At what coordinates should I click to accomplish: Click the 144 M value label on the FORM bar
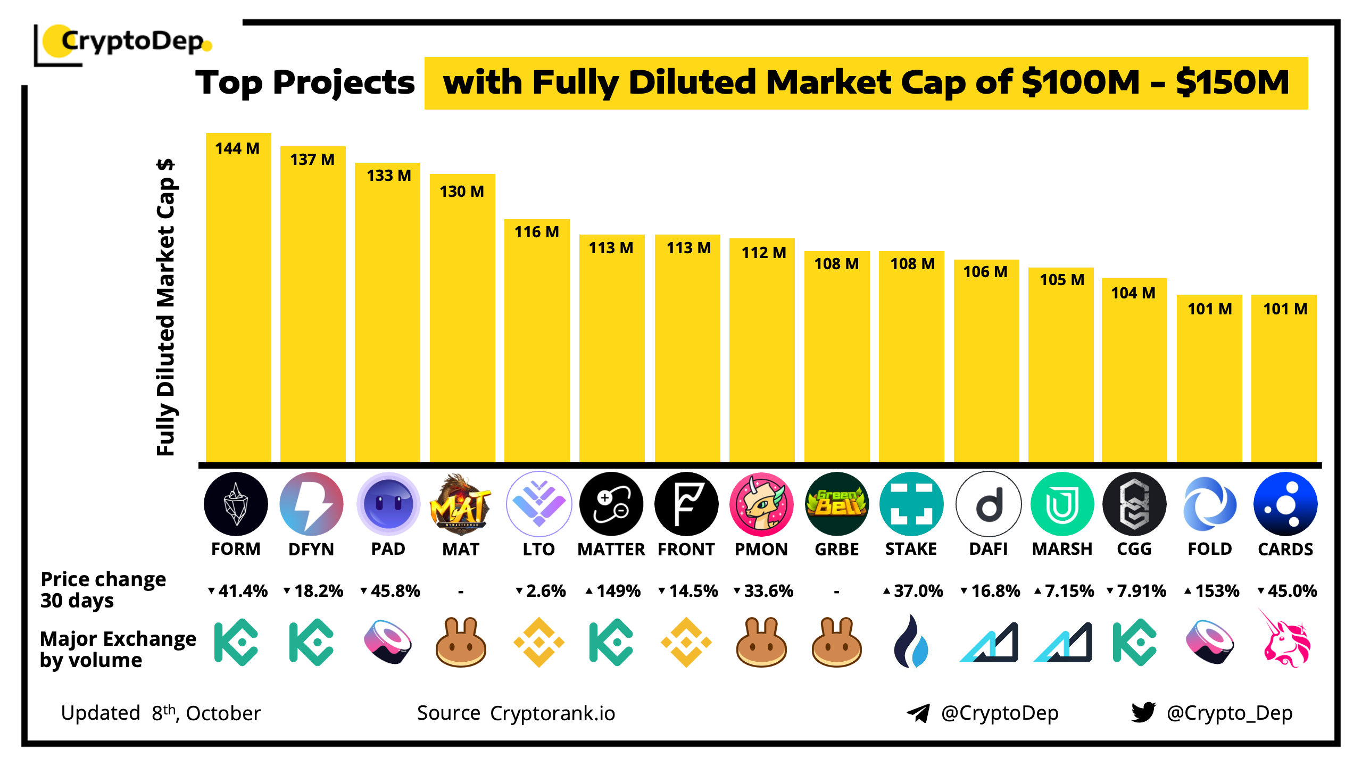[x=237, y=148]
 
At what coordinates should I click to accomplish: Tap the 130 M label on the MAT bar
[x=462, y=191]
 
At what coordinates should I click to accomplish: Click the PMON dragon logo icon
[x=761, y=504]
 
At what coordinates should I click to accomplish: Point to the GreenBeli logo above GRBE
[x=836, y=504]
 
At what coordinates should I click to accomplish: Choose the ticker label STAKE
[x=911, y=549]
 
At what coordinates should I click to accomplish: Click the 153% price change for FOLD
[x=1212, y=591]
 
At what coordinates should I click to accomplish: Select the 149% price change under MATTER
[x=613, y=591]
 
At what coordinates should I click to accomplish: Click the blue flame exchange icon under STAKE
[x=911, y=642]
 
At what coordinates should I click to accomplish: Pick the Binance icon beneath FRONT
[x=686, y=642]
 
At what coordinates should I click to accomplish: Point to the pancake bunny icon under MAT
[x=461, y=642]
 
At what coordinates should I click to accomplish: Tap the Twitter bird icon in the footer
[x=1143, y=712]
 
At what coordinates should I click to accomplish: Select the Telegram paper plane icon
[x=918, y=713]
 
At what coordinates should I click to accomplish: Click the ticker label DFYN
[x=311, y=549]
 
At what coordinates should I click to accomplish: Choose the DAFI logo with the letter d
[x=989, y=504]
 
